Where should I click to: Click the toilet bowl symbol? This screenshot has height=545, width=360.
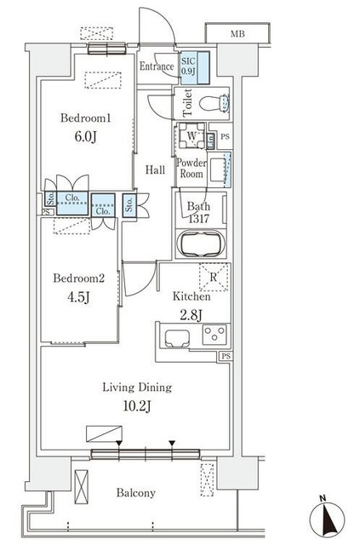tap(214, 103)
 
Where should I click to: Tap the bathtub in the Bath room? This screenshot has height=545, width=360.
tap(201, 244)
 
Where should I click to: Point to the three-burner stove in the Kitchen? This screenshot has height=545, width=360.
tap(214, 335)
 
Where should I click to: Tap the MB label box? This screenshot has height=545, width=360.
tap(237, 34)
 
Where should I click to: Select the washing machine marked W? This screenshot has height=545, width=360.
tap(191, 136)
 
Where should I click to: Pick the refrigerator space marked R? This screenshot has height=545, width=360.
tap(214, 277)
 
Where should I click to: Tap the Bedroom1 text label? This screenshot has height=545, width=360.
tap(86, 118)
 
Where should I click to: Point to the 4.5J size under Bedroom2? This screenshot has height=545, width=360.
tap(79, 297)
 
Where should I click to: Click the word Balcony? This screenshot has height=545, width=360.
tap(136, 493)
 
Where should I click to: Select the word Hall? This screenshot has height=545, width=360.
tap(155, 170)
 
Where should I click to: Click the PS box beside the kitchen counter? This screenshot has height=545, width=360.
tap(226, 356)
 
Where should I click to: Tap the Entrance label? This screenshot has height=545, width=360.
tap(157, 66)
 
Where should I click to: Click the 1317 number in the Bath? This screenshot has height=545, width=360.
tap(198, 219)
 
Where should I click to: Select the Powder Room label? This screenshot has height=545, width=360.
tap(191, 169)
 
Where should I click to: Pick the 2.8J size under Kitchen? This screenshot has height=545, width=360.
tap(191, 315)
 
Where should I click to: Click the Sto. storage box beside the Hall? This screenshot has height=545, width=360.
tap(129, 205)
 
